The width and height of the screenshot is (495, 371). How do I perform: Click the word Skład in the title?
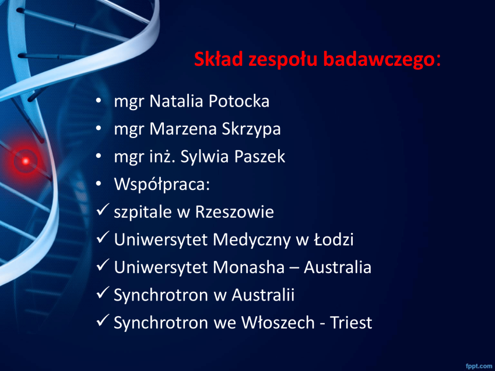coord(219,59)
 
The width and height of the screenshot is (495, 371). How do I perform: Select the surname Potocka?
coord(239,101)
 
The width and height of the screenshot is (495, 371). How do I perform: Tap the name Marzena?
coord(183,129)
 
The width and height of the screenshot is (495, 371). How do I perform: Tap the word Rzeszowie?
coord(234,212)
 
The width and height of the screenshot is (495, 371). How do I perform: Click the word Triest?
coord(351,323)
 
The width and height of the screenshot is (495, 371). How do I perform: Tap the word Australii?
coord(263,295)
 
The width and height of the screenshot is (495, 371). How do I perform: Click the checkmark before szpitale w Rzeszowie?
coord(103,210)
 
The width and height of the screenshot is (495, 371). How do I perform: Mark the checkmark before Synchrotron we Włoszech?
coord(103,320)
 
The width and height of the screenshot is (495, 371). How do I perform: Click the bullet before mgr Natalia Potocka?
coord(99,101)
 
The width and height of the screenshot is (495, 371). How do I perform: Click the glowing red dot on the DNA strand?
coord(26,161)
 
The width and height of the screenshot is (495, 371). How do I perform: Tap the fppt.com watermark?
coord(479,366)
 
